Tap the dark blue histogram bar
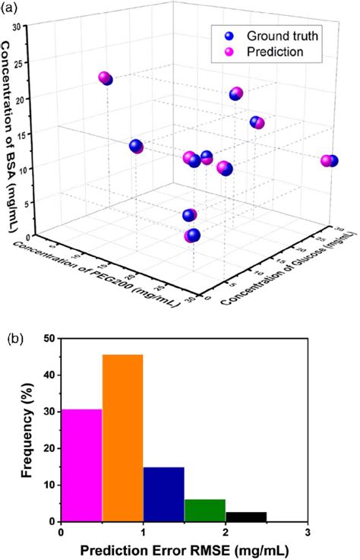tap(163, 494)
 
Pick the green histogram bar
tap(204, 510)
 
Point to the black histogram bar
tap(245, 517)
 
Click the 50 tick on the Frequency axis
tap(49, 338)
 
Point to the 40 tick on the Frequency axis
tap(49, 375)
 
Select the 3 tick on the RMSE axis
tap(306, 533)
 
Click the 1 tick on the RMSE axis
tap(143, 533)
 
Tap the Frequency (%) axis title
tap(25, 430)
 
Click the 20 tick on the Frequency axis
tap(49, 448)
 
